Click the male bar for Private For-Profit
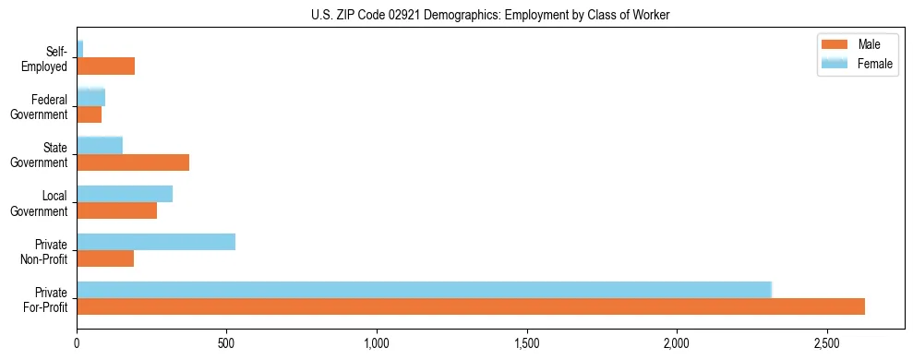click(x=471, y=306)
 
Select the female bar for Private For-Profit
click(x=424, y=290)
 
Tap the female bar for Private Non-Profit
click(x=156, y=242)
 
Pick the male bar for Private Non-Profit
click(x=105, y=258)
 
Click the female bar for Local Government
click(x=125, y=194)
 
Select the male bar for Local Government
click(x=117, y=210)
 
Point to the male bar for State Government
click(x=133, y=162)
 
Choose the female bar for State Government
click(x=100, y=146)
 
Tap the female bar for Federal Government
click(x=91, y=98)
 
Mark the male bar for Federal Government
click(x=90, y=114)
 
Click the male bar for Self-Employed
click(x=106, y=66)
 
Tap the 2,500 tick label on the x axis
click(x=827, y=344)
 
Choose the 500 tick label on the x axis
click(x=227, y=344)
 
